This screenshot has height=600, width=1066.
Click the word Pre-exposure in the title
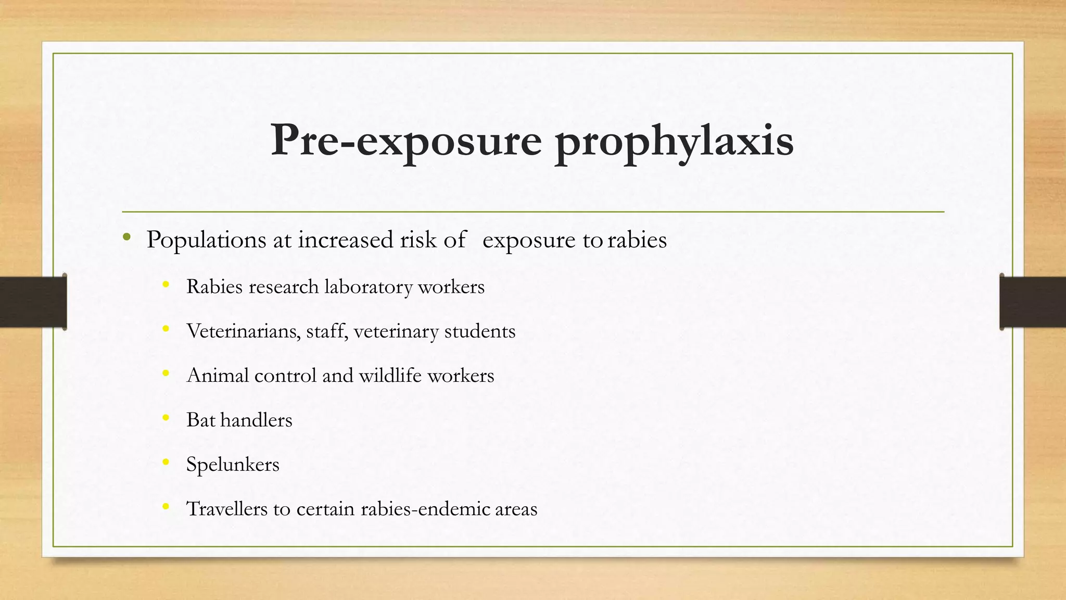(406, 140)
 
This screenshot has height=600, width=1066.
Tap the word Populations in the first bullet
(207, 240)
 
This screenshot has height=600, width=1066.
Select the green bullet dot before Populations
(126, 238)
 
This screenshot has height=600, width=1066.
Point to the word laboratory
(368, 287)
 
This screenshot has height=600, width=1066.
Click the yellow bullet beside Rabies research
(166, 284)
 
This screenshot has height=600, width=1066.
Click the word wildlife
(390, 376)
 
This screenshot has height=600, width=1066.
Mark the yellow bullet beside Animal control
(166, 373)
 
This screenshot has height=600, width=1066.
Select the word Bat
(200, 420)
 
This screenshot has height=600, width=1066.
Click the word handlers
(256, 420)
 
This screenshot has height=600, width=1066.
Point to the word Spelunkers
(233, 465)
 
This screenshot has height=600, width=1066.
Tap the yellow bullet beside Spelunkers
(166, 462)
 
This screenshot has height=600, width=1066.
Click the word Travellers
(226, 509)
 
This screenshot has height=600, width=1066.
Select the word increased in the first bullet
(345, 240)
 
